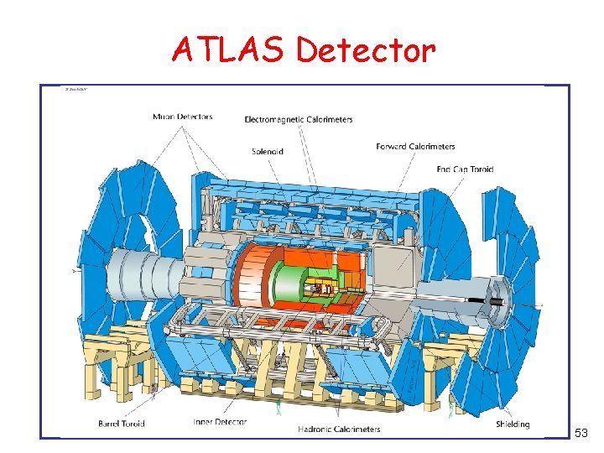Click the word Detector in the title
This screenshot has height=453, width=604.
click(366, 50)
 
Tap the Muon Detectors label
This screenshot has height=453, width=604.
click(182, 117)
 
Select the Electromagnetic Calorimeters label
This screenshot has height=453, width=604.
click(298, 120)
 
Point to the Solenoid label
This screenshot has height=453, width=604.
click(268, 152)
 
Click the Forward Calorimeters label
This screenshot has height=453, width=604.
click(415, 147)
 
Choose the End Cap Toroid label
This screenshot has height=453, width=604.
click(465, 169)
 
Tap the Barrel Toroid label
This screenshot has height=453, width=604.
click(122, 424)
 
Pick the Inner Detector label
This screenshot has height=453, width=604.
click(219, 422)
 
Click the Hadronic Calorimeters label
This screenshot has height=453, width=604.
click(339, 430)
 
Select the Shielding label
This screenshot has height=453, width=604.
click(512, 424)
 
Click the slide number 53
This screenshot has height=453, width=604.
click(581, 433)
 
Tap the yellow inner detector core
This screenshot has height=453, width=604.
click(323, 289)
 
